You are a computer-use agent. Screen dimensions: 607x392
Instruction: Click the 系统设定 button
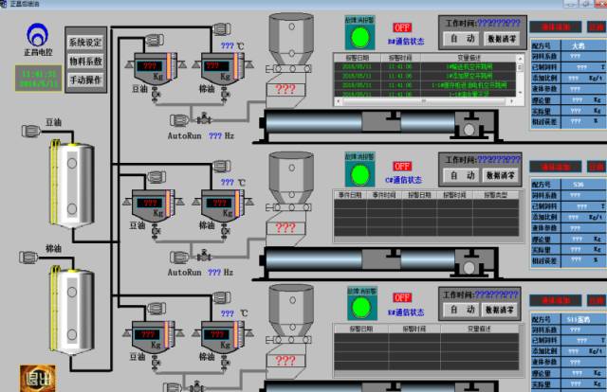click(x=86, y=43)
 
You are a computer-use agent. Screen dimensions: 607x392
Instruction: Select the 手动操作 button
click(x=86, y=80)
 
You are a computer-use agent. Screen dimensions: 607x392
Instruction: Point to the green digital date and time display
click(x=38, y=77)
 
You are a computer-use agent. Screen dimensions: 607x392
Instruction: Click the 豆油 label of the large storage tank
click(x=54, y=123)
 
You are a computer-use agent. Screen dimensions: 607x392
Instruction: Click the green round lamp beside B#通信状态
click(x=360, y=38)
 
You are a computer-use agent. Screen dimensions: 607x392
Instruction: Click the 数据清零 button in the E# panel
click(x=500, y=310)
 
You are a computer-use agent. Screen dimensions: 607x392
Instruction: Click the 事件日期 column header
click(x=349, y=195)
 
